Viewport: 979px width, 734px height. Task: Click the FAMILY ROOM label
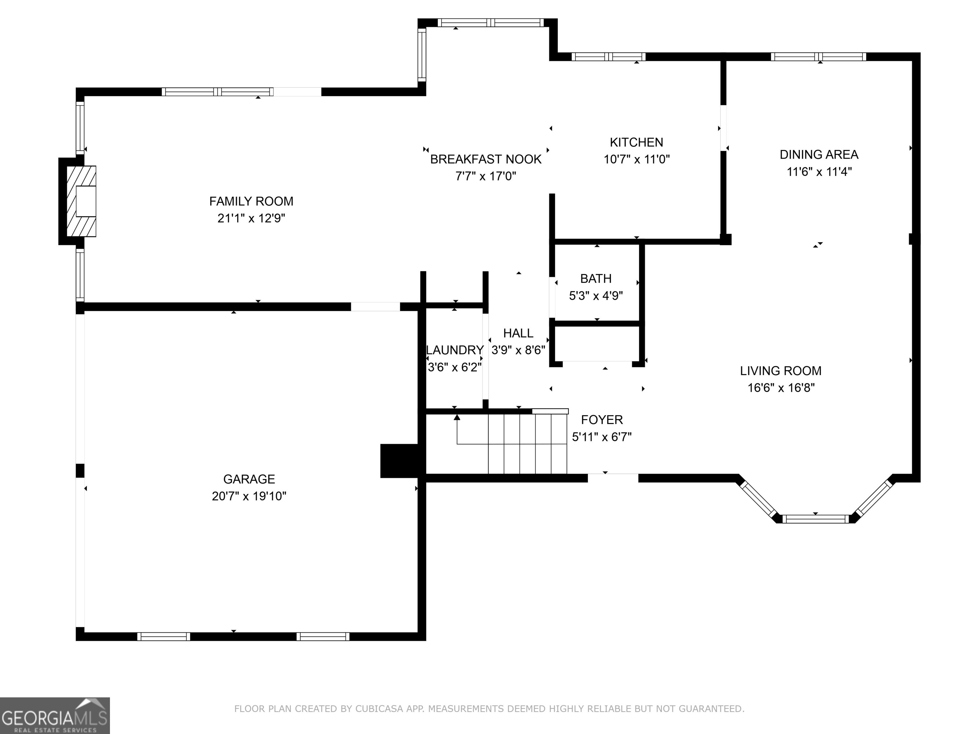point(251,201)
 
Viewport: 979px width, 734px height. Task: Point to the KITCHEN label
point(636,142)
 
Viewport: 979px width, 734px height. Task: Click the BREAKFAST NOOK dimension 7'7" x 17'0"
point(486,176)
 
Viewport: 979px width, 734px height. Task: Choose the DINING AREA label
point(818,155)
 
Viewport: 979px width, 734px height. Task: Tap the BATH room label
point(596,278)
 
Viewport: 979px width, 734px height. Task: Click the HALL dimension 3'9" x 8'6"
point(518,350)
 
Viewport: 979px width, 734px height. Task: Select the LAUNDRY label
point(454,350)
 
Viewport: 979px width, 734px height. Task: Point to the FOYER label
point(601,420)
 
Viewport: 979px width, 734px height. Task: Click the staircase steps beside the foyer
point(527,444)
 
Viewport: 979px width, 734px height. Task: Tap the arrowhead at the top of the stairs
point(457,417)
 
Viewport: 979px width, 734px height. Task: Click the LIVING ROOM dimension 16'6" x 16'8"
point(781,388)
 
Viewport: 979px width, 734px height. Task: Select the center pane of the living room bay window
point(815,519)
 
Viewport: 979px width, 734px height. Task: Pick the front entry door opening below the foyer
point(613,478)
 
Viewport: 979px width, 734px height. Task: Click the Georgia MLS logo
point(54,716)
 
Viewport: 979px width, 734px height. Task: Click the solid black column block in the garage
point(399,461)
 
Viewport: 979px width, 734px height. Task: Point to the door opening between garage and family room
point(375,306)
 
